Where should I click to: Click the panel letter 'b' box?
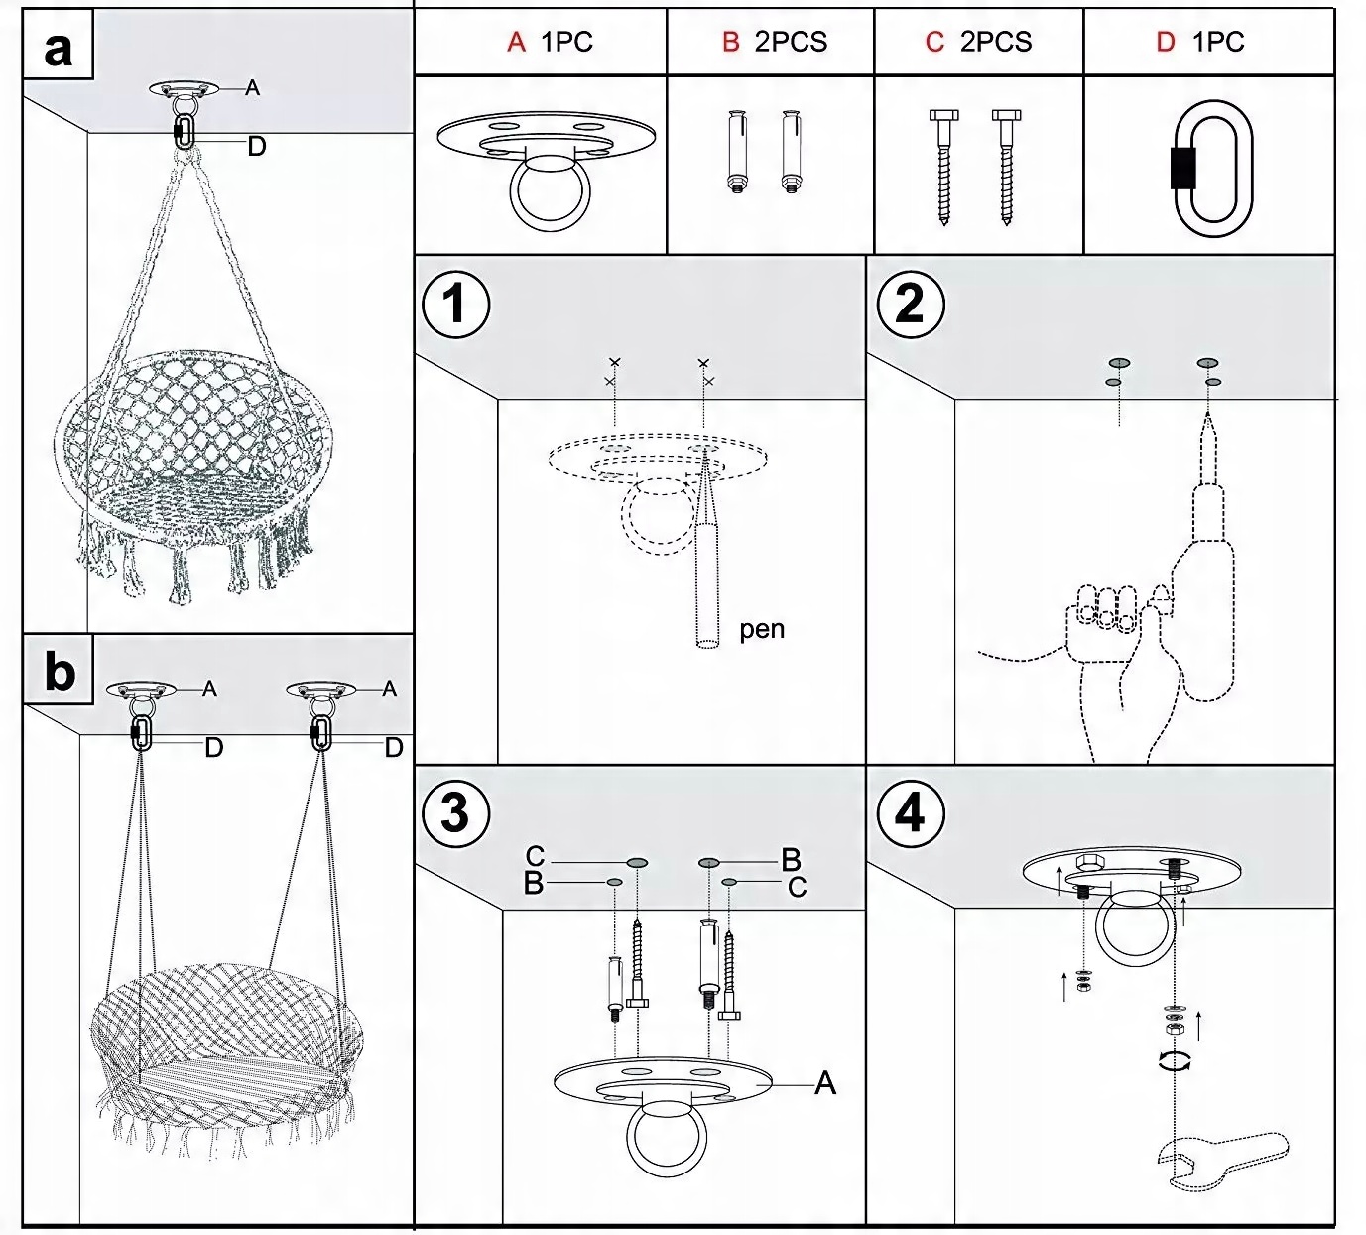point(59,669)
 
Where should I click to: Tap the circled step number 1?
point(455,304)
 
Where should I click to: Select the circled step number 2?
point(911,304)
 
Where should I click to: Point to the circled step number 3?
point(455,813)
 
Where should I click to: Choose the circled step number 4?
point(911,813)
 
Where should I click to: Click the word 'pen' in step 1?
point(762,630)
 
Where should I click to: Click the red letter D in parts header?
point(1165,43)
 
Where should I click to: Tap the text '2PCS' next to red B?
point(791,43)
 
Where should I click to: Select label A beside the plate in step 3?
point(824,1082)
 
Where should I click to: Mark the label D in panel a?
point(256,146)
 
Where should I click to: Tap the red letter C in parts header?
point(934,43)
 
